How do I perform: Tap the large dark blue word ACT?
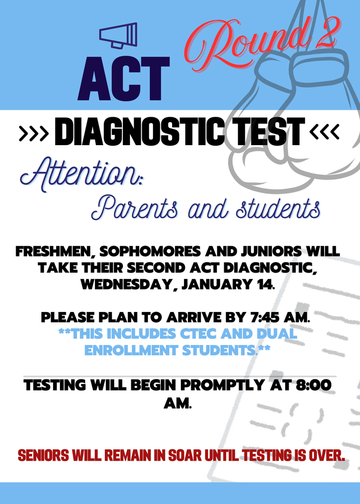[x=123, y=78]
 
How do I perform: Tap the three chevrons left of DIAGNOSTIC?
[x=33, y=132]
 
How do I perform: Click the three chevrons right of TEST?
[x=324, y=132]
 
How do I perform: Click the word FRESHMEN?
[x=55, y=252]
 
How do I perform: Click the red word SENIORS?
[x=44, y=455]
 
